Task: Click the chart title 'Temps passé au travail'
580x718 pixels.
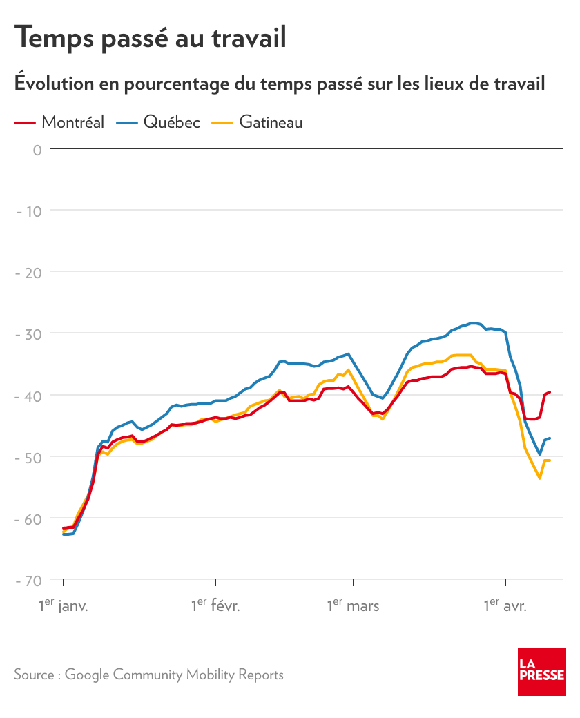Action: (151, 37)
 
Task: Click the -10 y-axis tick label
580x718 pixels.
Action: (30, 210)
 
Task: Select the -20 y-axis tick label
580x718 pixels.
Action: (30, 272)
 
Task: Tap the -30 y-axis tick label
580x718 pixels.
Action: (30, 333)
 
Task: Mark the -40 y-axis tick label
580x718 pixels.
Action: (30, 395)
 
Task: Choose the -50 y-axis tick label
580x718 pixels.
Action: (30, 456)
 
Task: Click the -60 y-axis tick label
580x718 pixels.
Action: (30, 518)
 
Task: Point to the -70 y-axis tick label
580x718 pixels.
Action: (30, 580)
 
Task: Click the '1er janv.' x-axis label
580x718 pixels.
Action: (64, 606)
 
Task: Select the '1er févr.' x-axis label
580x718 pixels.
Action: (215, 606)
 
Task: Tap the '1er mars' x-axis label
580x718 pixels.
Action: (353, 606)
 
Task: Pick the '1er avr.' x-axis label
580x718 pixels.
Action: (505, 606)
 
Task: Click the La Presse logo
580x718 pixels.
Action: (542, 672)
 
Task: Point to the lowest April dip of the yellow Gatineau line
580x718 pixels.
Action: (540, 478)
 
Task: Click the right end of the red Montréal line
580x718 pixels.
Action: (550, 391)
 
